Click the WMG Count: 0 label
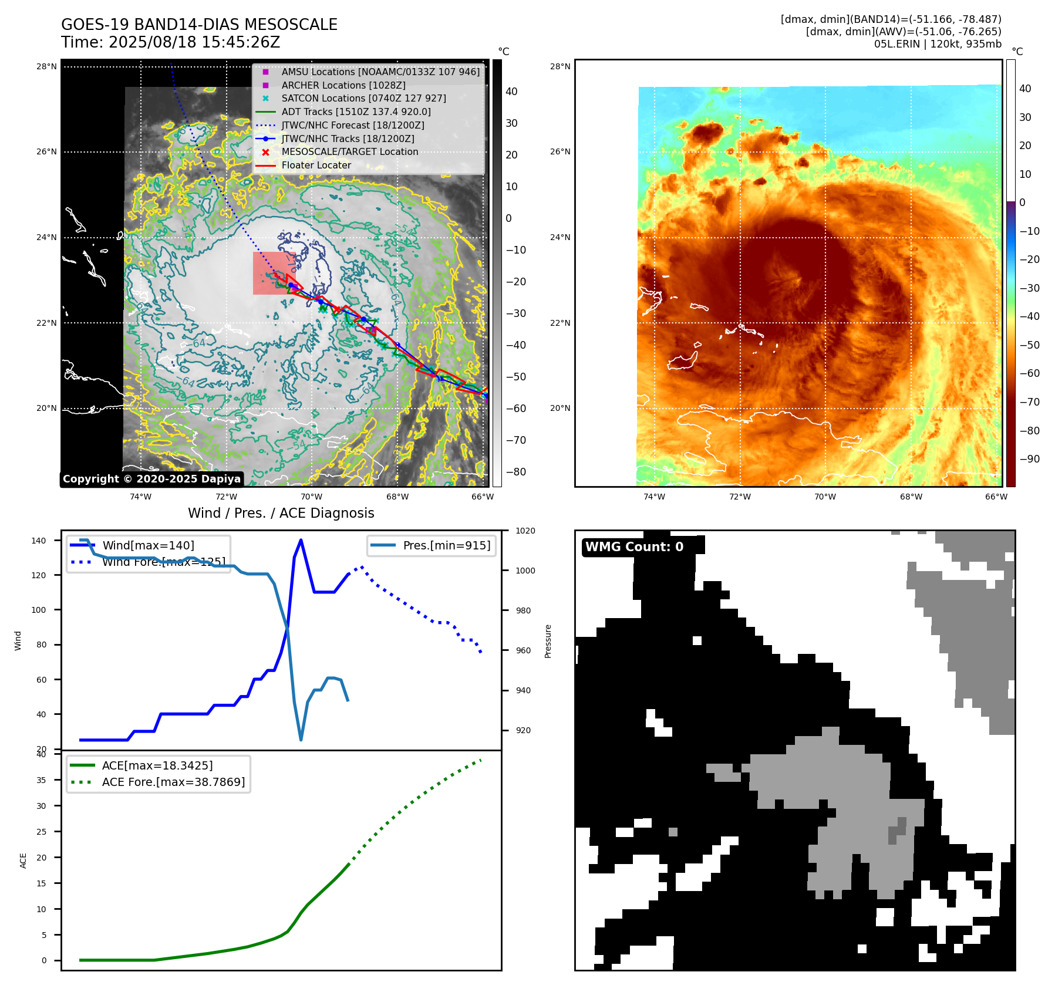pos(634,547)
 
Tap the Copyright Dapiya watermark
pos(151,479)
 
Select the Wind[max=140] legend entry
pos(148,545)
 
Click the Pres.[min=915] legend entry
pos(446,545)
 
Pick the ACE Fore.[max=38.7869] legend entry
pos(173,782)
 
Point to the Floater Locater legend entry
pos(316,166)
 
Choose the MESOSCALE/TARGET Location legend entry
pos(350,152)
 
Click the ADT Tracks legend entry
pos(356,112)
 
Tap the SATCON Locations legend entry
pos(363,99)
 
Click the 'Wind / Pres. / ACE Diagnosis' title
pos(281,513)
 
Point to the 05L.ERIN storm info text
pos(937,44)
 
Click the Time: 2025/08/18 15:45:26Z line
pos(170,43)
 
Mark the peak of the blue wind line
pos(301,540)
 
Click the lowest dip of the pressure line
pos(301,740)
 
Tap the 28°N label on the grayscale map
pos(46,67)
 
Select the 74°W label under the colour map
pos(654,497)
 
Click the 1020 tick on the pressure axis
pos(525,531)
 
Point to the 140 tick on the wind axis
pos(39,541)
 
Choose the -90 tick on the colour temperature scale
pos(1029,459)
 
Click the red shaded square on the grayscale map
pos(274,274)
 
